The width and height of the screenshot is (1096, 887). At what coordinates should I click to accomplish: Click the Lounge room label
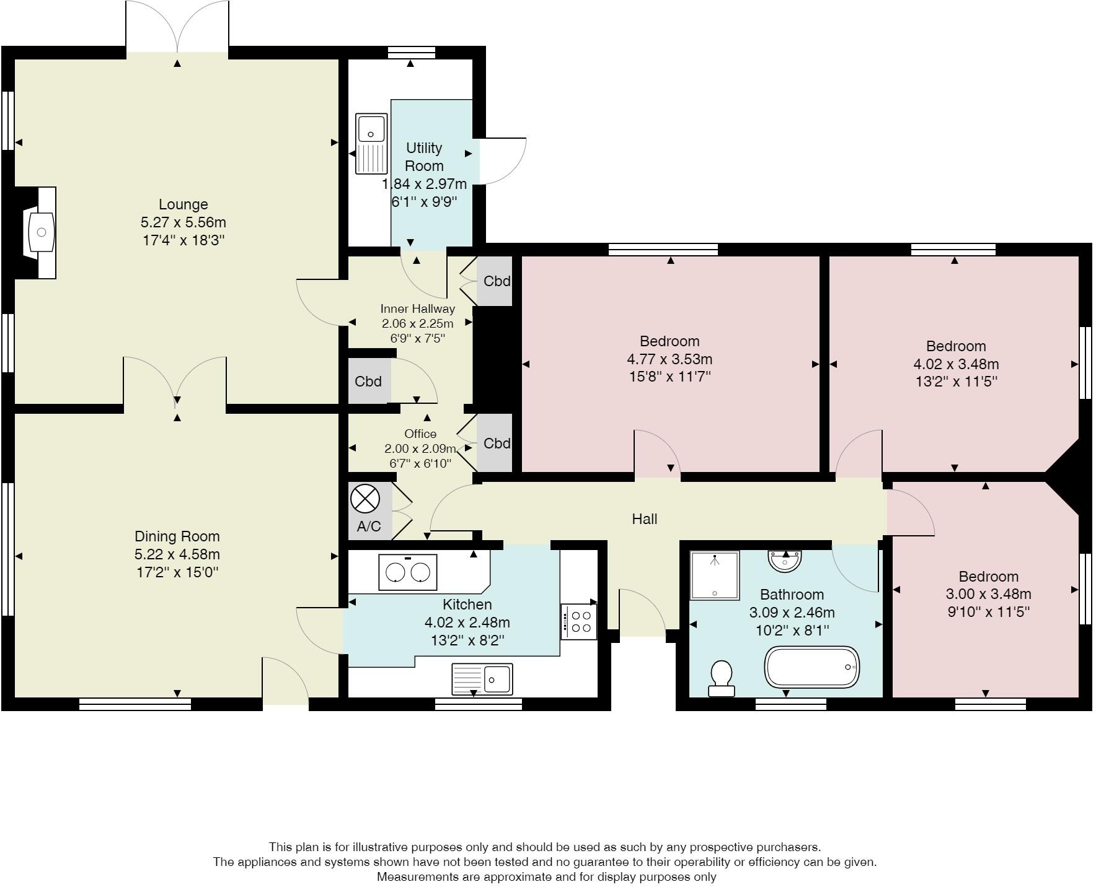(183, 204)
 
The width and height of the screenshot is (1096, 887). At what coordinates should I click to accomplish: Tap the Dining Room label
(177, 536)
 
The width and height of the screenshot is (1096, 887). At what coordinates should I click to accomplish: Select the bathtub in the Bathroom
(812, 667)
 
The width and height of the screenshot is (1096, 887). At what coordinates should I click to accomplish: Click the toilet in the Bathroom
(721, 678)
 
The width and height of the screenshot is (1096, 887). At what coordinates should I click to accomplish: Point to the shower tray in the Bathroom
(715, 575)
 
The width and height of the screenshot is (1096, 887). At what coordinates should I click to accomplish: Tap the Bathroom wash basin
(785, 560)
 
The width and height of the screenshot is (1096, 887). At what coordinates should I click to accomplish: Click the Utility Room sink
(371, 144)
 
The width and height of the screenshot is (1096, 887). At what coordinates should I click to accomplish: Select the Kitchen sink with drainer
(482, 679)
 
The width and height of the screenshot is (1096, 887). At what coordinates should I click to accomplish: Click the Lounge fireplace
(40, 232)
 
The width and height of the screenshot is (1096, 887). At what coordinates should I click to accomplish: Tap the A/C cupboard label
(369, 527)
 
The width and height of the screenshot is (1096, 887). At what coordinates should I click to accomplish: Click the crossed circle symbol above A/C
(365, 499)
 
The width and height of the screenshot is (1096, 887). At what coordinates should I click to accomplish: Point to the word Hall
(645, 519)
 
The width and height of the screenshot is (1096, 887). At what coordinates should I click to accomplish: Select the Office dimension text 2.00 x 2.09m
(420, 448)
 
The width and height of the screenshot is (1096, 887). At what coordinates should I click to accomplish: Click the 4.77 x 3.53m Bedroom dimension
(670, 359)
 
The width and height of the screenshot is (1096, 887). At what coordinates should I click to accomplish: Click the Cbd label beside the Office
(497, 443)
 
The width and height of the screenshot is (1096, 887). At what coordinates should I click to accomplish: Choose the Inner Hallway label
(418, 308)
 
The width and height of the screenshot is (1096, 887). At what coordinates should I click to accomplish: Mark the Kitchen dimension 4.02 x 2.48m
(467, 622)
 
